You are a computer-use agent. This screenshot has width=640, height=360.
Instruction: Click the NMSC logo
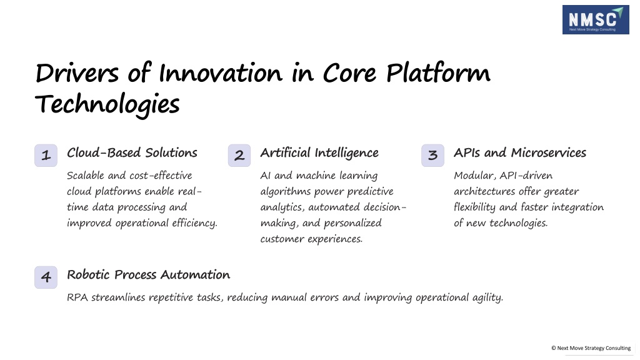[596, 19]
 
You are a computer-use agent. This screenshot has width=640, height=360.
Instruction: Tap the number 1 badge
[46, 155]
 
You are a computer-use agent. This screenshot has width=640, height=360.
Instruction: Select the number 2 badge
[239, 155]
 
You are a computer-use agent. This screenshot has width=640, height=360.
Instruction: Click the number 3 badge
[432, 155]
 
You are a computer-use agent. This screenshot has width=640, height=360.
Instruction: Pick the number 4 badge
[46, 277]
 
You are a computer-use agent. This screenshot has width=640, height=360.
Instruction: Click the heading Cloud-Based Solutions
[132, 152]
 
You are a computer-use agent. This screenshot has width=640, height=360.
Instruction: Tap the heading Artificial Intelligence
[319, 153]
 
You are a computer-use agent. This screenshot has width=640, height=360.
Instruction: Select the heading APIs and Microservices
[520, 152]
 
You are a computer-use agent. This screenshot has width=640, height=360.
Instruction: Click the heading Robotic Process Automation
[149, 275]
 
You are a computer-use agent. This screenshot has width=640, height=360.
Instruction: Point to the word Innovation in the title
[221, 74]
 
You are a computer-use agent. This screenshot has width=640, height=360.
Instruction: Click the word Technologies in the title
[107, 104]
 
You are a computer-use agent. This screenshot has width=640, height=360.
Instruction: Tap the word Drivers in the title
[77, 74]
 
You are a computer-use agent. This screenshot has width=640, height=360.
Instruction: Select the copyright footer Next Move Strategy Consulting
[591, 348]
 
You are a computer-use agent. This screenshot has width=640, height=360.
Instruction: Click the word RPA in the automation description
[77, 297]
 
